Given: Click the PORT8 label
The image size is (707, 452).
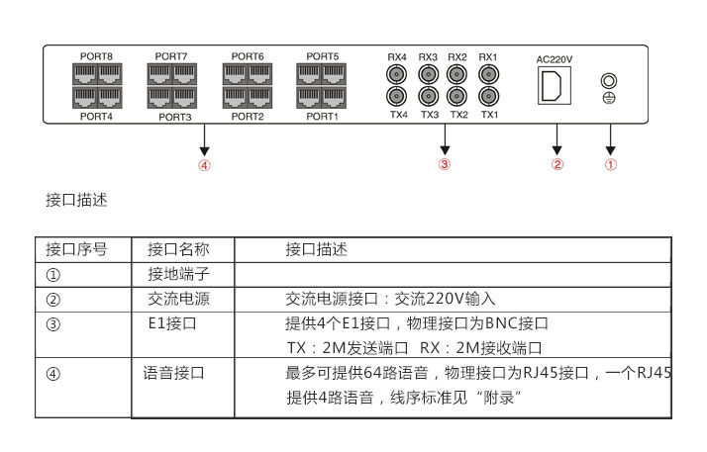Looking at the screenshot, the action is coord(96,56).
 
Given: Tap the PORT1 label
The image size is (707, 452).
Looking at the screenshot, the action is coord(322,116).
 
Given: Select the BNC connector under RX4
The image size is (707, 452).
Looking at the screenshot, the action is coord(397,74).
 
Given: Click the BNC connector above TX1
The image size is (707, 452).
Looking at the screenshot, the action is coord(488,96).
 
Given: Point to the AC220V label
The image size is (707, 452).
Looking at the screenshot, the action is coord(555,59).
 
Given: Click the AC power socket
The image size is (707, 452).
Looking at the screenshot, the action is coord(555,85).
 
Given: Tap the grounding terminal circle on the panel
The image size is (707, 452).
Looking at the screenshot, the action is coord(609,81).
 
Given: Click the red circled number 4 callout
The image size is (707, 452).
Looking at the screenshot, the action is coord(204,165).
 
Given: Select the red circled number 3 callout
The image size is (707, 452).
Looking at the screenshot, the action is coord(445,164).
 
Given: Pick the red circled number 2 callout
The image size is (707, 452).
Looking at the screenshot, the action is coord(557,164).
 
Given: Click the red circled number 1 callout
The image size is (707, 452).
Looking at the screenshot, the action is coord(611,164).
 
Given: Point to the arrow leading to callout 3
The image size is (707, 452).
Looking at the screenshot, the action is coord(445,139).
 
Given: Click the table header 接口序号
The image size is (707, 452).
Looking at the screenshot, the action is coord(76,249).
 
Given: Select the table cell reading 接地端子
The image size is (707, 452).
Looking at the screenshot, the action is coord(178,274).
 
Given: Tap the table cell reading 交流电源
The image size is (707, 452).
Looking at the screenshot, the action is coord(178,299).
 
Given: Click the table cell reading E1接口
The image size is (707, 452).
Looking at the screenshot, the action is coord(172,323).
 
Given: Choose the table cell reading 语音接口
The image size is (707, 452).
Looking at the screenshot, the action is coord(174,373).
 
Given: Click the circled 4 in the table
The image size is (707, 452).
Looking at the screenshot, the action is coord(53,374).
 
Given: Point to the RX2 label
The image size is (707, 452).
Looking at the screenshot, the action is coord(457,57).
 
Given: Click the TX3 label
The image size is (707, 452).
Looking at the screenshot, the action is coord(430,115).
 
